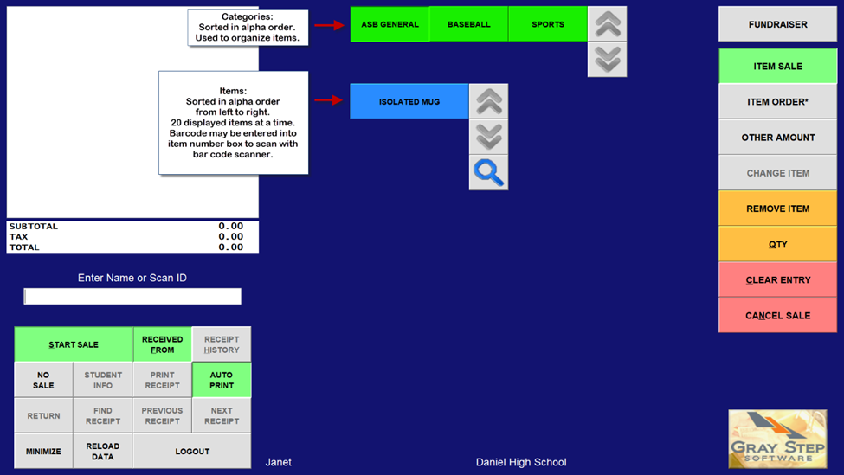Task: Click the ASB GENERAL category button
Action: point(390,24)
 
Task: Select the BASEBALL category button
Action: point(468,24)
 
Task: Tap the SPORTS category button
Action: point(548,24)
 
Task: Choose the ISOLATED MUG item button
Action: point(409,101)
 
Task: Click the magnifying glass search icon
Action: point(488,173)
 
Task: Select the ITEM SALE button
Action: point(777,67)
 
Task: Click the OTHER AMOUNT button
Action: point(777,138)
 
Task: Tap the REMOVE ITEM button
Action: point(777,209)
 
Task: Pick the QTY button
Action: point(777,244)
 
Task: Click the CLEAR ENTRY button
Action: point(777,279)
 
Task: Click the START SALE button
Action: point(74,344)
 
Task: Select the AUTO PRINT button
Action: point(222,380)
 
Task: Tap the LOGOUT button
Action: point(192,451)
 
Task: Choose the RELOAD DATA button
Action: point(103,451)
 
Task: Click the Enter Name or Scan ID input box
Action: point(132,297)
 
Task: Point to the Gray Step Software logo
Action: point(777,439)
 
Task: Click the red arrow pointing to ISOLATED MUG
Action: point(329,100)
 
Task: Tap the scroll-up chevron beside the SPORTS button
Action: point(608,24)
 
